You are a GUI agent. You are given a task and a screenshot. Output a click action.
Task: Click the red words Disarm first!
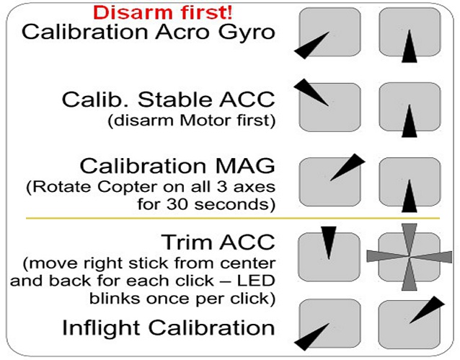(x=163, y=13)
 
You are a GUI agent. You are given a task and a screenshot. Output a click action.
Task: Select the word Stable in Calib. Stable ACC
(x=174, y=100)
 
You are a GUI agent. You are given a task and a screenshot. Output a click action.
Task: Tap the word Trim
(x=187, y=242)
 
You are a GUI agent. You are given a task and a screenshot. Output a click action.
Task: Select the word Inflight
(x=101, y=328)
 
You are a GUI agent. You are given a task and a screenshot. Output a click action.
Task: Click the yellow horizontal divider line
(x=233, y=218)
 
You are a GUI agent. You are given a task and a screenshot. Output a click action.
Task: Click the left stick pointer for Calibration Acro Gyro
(x=311, y=45)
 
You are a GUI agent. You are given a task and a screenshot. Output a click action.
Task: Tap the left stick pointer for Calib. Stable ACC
(x=311, y=92)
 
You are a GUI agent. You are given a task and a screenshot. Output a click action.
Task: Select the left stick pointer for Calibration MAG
(x=348, y=167)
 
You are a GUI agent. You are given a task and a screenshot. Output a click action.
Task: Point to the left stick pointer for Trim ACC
(x=329, y=243)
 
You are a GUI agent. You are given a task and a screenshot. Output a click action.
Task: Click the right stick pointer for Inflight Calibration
(x=427, y=309)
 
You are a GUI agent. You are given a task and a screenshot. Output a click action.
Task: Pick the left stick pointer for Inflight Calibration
(x=311, y=337)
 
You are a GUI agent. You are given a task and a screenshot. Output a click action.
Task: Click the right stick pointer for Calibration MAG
(x=410, y=196)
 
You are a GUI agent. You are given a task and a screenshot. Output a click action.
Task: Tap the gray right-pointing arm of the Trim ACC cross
(x=430, y=258)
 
